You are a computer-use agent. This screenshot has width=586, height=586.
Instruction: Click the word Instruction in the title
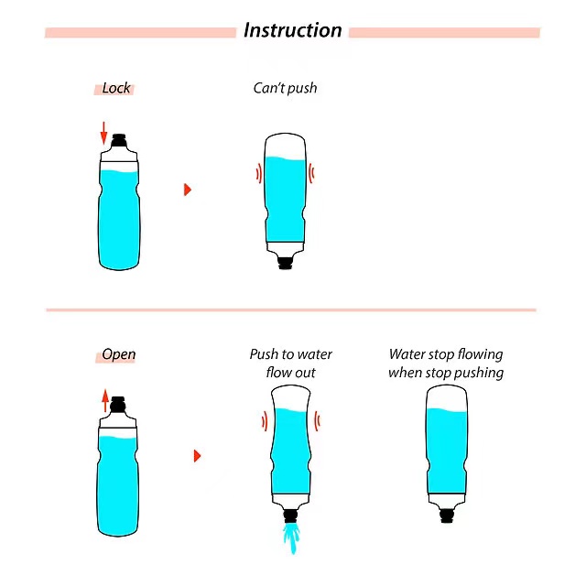pos(292,30)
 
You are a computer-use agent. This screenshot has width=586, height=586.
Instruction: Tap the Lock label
pos(116,89)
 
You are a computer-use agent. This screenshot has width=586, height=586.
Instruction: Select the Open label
pos(118,355)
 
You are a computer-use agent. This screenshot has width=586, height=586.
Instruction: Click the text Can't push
pos(286,89)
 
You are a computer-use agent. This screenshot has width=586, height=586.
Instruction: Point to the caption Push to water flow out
pos(291,364)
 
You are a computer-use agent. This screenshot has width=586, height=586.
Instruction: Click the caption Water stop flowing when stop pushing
pos(446,364)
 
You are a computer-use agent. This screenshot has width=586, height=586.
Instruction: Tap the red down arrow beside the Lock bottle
pos(103,133)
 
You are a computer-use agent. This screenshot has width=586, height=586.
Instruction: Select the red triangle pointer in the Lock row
pos(188,190)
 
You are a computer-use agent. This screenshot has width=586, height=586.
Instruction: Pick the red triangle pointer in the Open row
pos(196,455)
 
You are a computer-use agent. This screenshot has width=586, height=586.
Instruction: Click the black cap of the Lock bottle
pos(119,143)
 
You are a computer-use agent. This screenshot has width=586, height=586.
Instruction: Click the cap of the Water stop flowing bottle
pos(448,515)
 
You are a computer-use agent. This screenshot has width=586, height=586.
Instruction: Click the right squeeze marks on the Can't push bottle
pos(311,172)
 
